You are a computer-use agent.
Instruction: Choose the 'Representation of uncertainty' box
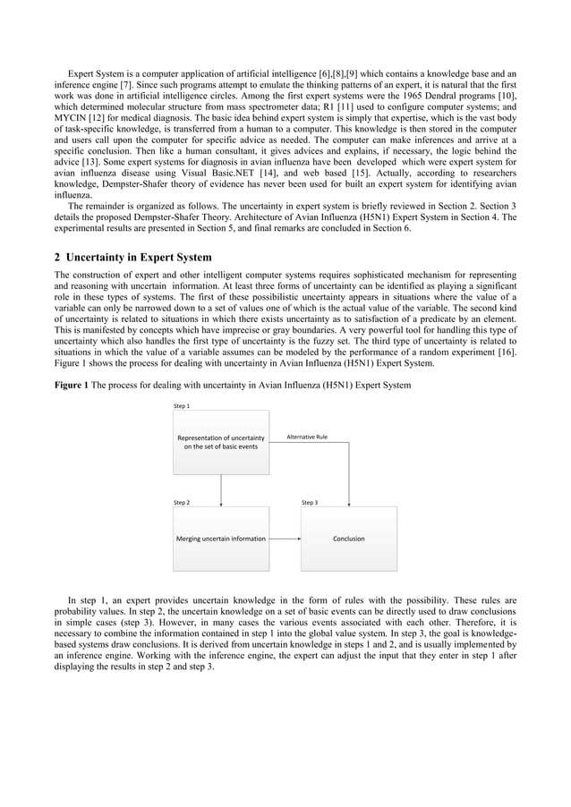220,442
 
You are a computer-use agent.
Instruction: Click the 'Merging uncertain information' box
220,539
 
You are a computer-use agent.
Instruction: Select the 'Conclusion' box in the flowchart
348,539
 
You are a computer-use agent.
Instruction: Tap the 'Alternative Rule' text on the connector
306,437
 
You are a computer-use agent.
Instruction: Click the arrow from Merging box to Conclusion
285,539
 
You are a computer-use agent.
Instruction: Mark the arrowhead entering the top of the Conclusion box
348,503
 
